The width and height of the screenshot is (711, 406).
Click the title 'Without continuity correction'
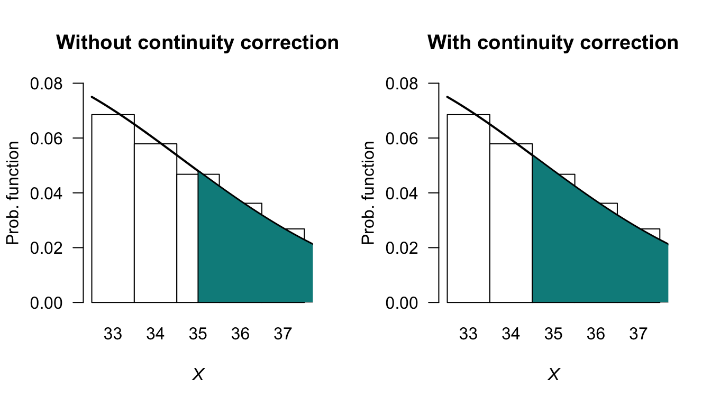[x=198, y=42]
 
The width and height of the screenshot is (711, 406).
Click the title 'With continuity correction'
[x=553, y=42]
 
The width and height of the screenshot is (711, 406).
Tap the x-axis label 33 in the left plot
[x=113, y=334]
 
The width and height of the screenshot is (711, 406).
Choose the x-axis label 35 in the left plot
[x=198, y=334]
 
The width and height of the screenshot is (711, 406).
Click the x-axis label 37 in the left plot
[x=283, y=334]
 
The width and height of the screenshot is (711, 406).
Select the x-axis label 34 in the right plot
[x=511, y=334]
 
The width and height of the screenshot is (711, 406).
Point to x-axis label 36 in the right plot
[x=596, y=334]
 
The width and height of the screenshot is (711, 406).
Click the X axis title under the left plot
[x=198, y=375]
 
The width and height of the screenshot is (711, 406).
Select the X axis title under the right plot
[x=553, y=375]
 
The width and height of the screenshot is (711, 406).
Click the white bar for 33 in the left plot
[x=113, y=211]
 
